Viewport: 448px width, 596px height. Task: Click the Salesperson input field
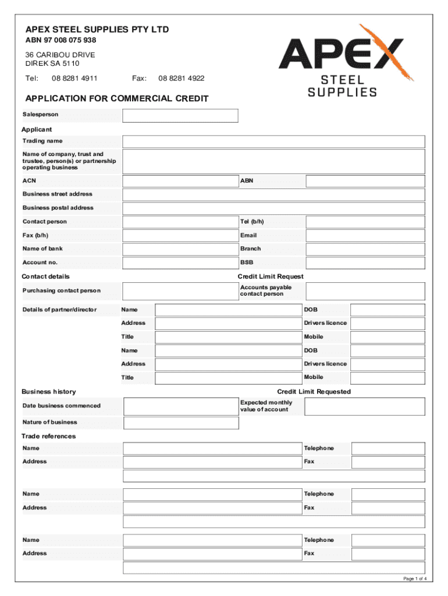180,115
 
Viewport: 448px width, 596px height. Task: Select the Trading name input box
273,141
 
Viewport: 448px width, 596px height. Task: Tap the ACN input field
180,181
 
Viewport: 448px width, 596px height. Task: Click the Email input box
365,236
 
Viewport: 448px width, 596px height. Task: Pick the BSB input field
365,263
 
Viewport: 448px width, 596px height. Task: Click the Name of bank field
180,249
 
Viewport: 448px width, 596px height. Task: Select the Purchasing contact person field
180,291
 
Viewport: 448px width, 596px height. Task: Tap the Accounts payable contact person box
365,291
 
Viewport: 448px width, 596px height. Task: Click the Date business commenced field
181,406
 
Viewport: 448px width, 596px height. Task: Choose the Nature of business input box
181,423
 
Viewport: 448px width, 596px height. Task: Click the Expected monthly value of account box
365,406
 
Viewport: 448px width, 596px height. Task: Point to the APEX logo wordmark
340,54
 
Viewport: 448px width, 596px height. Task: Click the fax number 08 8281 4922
181,79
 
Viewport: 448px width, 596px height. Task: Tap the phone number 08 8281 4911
74,79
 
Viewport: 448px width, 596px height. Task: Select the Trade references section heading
49,437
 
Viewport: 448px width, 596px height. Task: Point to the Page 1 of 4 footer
415,579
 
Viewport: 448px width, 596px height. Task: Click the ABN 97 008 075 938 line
61,41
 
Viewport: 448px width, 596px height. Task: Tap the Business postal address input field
273,208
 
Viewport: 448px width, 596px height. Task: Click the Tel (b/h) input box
365,222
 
